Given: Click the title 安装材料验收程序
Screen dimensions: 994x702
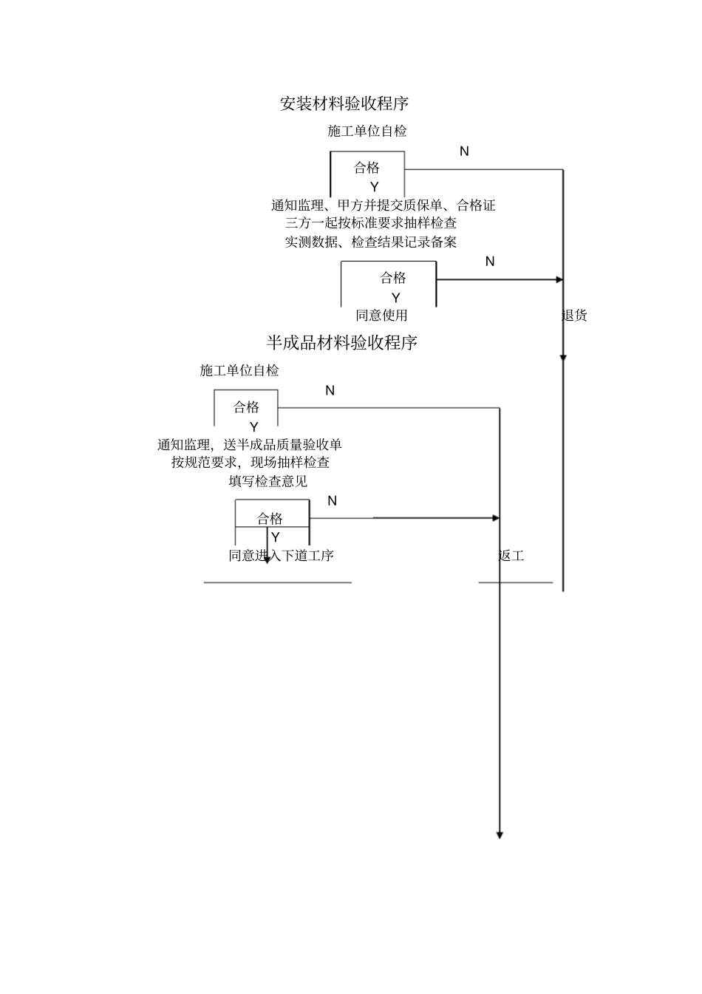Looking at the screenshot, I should [344, 103].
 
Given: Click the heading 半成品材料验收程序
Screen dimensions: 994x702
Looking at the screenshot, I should [342, 343].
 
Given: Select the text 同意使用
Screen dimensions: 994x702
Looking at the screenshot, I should [381, 316].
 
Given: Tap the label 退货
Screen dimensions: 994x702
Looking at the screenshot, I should [574, 316].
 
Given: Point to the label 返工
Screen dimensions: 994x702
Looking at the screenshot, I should [511, 556].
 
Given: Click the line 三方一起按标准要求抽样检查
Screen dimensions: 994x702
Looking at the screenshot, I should [371, 222].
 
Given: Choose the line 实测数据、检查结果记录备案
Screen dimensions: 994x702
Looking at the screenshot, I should [371, 242].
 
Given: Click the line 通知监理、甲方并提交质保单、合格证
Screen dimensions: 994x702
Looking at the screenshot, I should [383, 205].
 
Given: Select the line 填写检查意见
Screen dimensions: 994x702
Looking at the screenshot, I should [268, 481].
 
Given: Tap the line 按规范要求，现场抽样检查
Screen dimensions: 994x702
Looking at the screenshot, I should [251, 463].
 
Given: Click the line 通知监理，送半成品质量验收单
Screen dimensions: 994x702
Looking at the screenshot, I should [250, 444].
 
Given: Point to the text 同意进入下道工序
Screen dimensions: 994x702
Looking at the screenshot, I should [281, 556].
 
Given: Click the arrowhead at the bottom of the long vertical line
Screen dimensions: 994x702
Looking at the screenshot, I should [500, 835].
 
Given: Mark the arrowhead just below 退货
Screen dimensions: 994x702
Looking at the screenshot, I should [563, 358].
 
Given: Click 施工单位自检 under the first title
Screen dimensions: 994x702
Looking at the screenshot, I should [367, 132].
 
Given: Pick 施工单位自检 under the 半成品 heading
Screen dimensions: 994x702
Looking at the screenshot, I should [239, 370].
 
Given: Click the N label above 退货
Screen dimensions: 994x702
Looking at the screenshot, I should [490, 262].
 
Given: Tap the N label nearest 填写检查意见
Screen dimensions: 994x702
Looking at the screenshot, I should [332, 501].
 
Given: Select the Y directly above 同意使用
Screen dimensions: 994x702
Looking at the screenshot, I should [396, 298].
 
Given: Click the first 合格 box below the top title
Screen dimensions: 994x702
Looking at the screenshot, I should [367, 168].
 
